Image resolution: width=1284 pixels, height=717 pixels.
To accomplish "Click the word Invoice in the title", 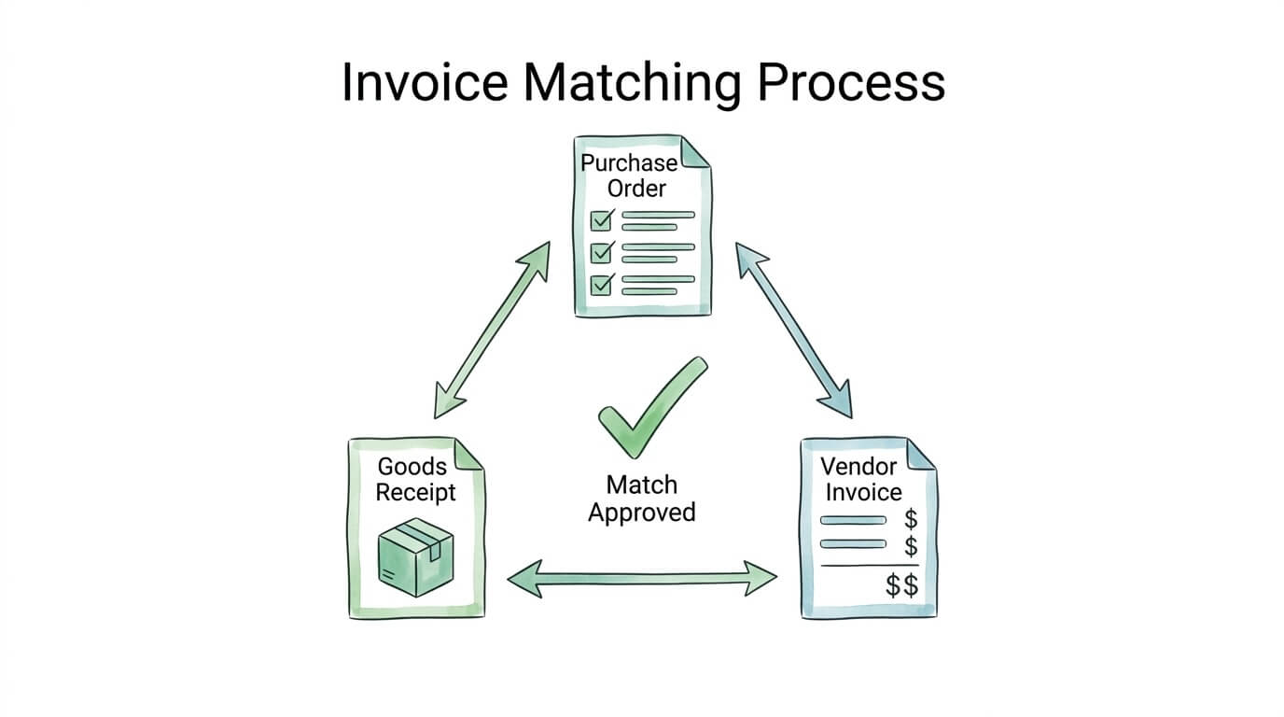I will (425, 82).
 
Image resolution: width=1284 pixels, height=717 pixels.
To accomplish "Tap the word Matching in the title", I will (631, 82).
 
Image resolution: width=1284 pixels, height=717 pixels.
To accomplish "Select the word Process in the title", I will (851, 82).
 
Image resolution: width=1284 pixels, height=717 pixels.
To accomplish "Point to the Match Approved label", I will (642, 499).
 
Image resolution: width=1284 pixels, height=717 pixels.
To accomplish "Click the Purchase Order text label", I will (629, 176).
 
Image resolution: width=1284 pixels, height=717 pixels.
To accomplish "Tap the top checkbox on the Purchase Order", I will (602, 220).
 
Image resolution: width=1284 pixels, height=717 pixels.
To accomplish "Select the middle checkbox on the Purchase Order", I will (602, 252).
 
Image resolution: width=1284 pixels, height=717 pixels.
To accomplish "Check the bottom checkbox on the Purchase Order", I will (602, 284).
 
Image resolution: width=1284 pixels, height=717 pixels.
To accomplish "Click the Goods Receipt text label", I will (415, 479).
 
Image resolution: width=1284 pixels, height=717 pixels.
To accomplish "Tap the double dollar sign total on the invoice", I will (901, 586).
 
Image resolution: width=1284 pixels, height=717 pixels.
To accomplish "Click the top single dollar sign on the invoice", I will (911, 519).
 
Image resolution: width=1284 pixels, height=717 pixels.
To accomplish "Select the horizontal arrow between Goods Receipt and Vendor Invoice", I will (642, 577).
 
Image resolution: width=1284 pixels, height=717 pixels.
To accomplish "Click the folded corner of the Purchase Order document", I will (695, 152).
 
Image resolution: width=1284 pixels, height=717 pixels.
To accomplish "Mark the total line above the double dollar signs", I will (869, 565).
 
